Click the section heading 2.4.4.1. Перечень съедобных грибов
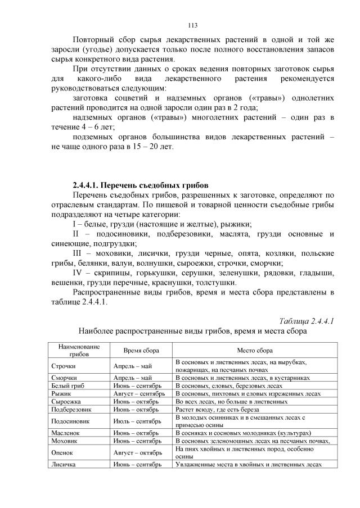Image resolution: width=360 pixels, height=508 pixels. tap(141, 185)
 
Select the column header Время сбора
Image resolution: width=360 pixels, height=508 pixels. tap(141, 350)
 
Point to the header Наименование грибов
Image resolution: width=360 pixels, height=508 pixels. tap(79, 350)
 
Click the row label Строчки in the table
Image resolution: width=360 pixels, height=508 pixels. tap(64, 366)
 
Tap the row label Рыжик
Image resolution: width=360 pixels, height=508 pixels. tap(61, 394)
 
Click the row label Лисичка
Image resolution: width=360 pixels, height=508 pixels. tap(64, 465)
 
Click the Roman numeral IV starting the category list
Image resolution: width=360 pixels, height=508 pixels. tap(79, 273)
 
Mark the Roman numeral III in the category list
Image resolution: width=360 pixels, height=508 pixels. tap(79, 252)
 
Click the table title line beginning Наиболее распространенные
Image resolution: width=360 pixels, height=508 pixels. tap(192, 332)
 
